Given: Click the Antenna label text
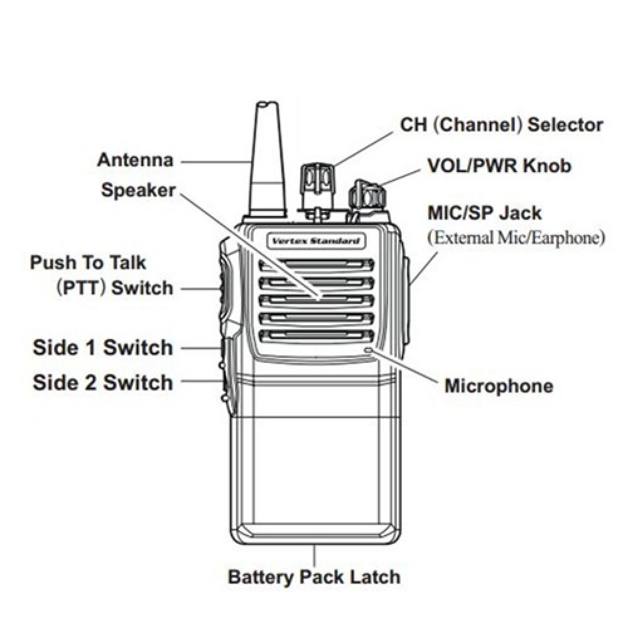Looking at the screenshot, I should pos(134,160).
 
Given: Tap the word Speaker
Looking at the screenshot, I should pos(138,190).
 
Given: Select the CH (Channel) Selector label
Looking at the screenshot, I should pos(501,125).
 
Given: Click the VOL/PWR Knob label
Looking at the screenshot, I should pos(499,166).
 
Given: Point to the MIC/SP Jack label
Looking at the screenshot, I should pos(484,212).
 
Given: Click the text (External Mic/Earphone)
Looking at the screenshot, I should pos(516,238).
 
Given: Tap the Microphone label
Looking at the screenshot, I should pos(499,386).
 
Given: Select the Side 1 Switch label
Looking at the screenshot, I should pos(102,347).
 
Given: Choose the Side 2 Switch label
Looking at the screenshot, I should pos(102,382).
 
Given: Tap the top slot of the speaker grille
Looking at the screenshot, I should pos(316,264).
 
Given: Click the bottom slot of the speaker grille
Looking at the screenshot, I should pos(316,335).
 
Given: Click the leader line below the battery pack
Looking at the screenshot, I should pos(313,556).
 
